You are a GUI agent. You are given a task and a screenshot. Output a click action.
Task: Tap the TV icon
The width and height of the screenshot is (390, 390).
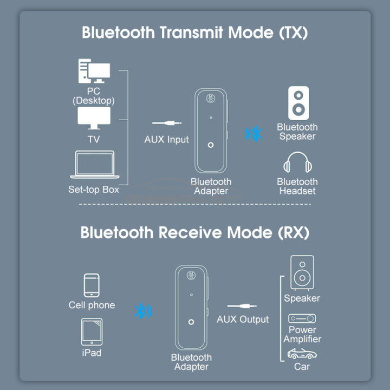(x=94, y=118)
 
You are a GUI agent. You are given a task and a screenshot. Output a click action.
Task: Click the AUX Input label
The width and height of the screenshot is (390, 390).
(x=166, y=139)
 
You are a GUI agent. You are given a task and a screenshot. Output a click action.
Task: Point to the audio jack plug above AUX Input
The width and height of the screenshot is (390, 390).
(x=166, y=124)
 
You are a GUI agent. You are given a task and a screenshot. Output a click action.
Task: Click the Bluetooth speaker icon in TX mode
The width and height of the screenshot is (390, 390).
(x=298, y=103)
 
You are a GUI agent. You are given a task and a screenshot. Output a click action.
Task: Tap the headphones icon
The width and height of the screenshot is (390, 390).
(x=297, y=163)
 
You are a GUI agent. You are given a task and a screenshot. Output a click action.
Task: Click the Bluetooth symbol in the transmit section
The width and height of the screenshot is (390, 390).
(x=252, y=133)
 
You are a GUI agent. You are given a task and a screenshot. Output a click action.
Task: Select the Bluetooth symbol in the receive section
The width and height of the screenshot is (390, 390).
(x=143, y=311)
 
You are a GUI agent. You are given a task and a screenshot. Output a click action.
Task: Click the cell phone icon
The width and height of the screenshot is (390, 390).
(x=92, y=285)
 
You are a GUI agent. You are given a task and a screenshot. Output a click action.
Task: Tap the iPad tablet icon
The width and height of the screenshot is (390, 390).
(x=92, y=331)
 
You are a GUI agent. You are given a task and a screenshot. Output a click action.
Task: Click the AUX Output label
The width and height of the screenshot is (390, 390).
(x=243, y=319)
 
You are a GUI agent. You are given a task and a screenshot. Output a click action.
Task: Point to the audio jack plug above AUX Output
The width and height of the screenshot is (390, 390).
(x=242, y=307)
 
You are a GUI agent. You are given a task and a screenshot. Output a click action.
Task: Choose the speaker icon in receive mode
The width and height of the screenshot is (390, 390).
(x=302, y=273)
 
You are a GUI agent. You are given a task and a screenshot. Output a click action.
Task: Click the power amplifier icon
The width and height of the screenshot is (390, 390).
(x=302, y=318)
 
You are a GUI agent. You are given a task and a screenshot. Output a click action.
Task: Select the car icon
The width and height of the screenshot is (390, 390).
(x=302, y=354)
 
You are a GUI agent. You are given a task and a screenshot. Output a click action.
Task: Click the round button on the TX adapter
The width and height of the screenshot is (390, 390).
(x=211, y=145)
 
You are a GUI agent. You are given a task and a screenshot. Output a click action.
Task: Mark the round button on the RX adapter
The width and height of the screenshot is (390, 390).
(x=191, y=322)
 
